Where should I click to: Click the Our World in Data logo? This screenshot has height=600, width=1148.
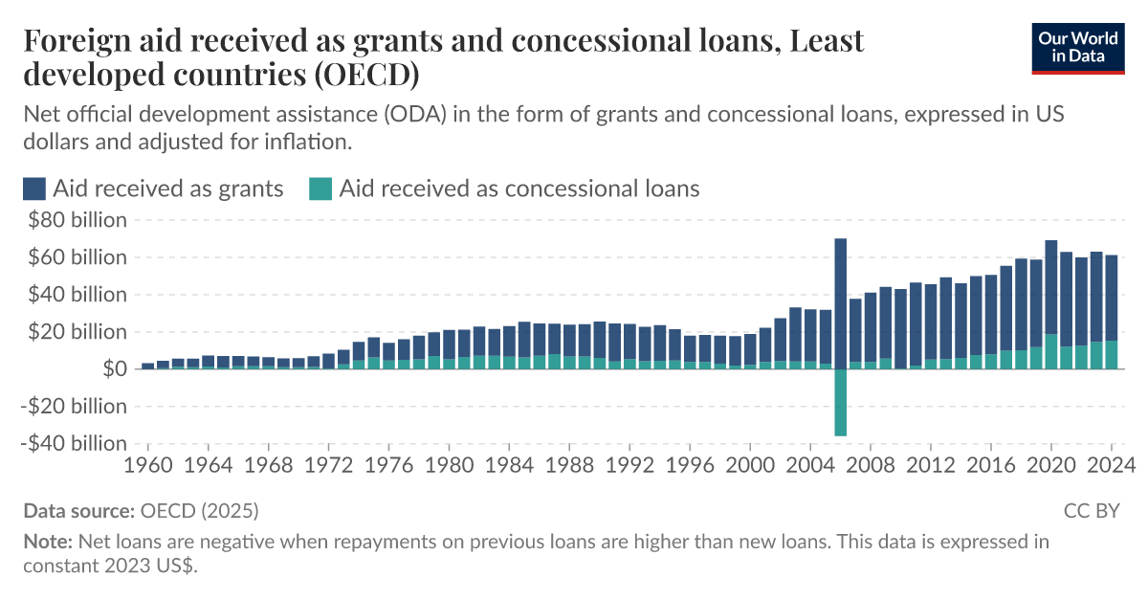(1077, 45)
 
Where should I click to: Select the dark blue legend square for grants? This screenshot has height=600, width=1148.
(34, 189)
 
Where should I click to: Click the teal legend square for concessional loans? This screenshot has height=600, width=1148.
(320, 189)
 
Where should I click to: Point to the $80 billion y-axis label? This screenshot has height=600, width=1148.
(77, 220)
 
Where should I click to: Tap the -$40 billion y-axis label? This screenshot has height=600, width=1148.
(74, 444)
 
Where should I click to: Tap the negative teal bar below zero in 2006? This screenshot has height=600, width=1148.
(841, 402)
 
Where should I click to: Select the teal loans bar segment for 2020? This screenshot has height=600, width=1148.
(1051, 351)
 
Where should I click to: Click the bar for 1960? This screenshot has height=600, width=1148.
(148, 366)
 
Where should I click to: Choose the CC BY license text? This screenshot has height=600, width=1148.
(1091, 511)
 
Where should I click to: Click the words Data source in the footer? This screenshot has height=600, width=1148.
(79, 511)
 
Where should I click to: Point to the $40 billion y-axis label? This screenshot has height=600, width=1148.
(77, 295)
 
